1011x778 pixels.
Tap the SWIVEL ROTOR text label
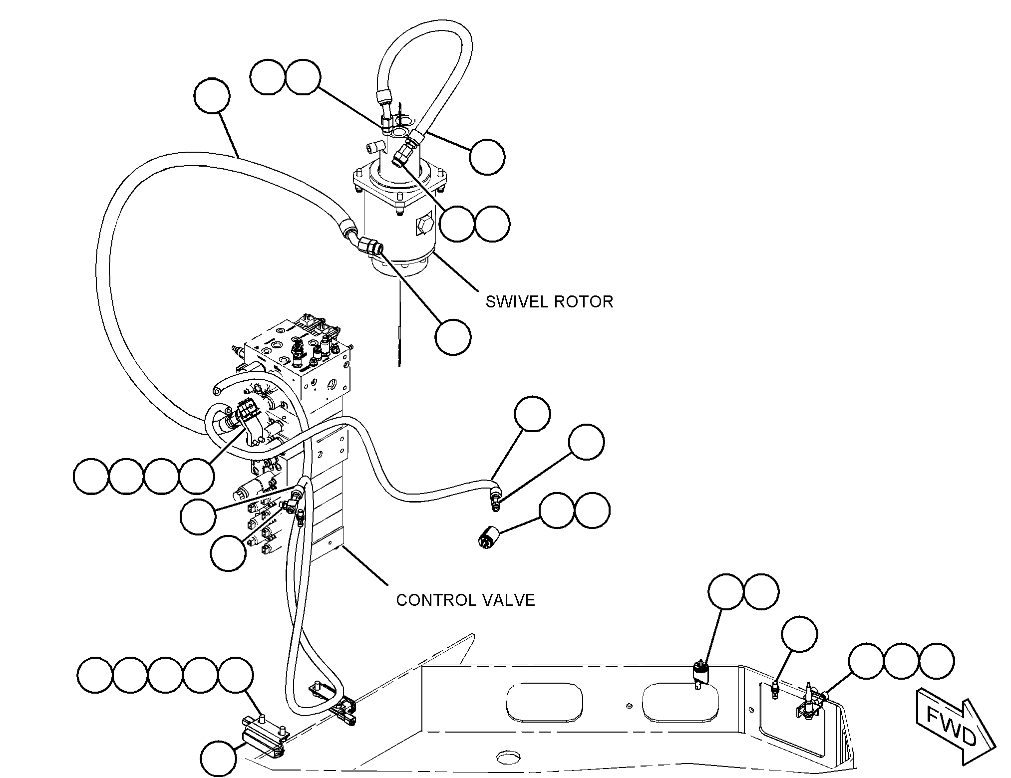[x=549, y=301]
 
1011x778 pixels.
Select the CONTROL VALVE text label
[x=465, y=599]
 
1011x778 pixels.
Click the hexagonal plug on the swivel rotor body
[x=424, y=227]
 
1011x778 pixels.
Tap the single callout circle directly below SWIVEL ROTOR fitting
[x=453, y=337]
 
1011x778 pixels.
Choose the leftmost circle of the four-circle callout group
[x=91, y=477]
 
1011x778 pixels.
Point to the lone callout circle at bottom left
[x=219, y=759]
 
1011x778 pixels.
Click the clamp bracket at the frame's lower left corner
[x=262, y=739]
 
